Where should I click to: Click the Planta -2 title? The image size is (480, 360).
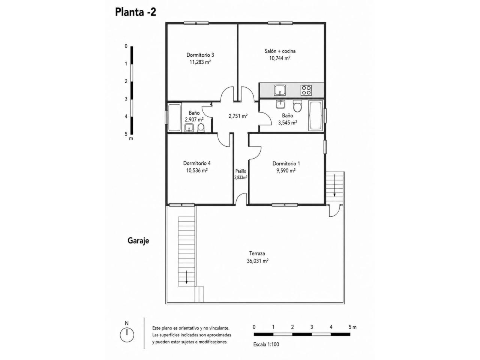click(x=135, y=12)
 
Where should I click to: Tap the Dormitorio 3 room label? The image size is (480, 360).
click(x=200, y=55)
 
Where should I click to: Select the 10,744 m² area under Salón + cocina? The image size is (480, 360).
click(x=279, y=58)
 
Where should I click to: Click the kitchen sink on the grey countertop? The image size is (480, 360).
click(x=280, y=90)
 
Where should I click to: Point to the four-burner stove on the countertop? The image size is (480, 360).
click(x=306, y=90)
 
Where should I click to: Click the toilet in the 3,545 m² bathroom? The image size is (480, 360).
click(x=297, y=106)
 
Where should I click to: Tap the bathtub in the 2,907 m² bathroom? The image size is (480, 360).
click(x=174, y=118)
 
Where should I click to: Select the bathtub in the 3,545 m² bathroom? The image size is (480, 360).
click(x=315, y=115)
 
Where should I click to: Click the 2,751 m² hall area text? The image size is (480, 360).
click(x=238, y=116)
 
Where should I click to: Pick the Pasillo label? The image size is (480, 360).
click(x=240, y=171)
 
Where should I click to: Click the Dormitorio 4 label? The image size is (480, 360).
click(x=196, y=163)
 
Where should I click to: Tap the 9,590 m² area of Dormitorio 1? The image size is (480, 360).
click(x=286, y=171)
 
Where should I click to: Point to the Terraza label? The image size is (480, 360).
click(x=257, y=253)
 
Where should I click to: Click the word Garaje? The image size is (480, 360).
click(x=138, y=241)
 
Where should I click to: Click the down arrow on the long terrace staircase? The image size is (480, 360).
click(x=186, y=277)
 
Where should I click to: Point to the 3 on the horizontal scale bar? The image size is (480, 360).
click(x=312, y=327)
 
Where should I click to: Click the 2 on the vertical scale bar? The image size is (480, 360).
click(x=126, y=81)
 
